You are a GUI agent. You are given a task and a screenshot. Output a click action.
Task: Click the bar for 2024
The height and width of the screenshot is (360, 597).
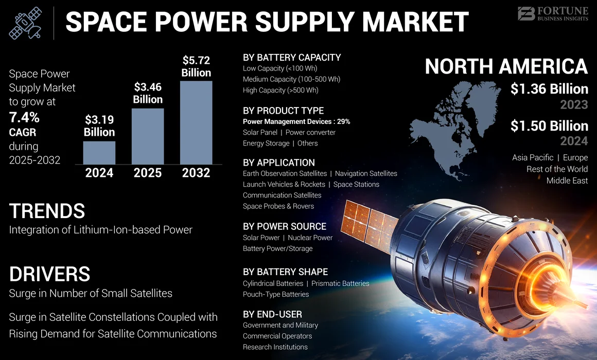tap(99, 152)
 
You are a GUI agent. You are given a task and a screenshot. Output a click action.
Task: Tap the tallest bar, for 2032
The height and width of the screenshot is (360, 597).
tap(196, 122)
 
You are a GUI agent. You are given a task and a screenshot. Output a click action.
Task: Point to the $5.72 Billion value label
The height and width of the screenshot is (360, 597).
tap(196, 66)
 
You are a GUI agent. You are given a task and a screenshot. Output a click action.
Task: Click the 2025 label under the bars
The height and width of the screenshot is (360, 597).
tap(148, 172)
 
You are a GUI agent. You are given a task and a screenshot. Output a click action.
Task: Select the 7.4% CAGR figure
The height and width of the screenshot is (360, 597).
tap(24, 118)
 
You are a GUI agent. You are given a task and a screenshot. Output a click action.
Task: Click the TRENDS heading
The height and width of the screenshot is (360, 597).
tap(47, 211)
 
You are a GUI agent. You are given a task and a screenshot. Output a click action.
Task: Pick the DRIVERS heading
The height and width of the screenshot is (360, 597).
tap(49, 274)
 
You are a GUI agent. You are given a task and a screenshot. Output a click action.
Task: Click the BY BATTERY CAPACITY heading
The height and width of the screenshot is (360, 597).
tap(292, 58)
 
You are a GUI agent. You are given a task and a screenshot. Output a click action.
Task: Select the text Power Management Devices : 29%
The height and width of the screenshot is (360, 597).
tap(296, 122)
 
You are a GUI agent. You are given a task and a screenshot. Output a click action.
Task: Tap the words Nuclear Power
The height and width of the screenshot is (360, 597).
tap(310, 238)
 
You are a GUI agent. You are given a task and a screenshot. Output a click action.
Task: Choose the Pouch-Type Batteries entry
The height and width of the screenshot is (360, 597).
tap(276, 294)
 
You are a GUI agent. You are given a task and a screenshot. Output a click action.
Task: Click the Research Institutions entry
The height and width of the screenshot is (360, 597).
tap(275, 347)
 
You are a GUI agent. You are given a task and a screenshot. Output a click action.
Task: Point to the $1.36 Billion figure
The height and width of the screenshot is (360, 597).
tap(549, 89)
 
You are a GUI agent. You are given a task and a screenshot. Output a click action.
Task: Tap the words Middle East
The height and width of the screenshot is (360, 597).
tap(567, 181)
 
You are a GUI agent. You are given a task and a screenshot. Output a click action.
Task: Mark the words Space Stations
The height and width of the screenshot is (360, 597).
tap(356, 184)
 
